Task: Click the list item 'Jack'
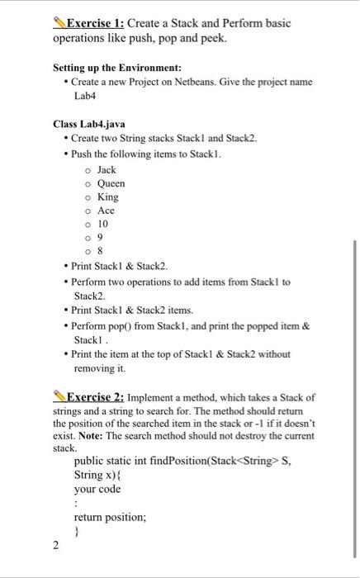click(107, 169)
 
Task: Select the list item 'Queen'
click(111, 183)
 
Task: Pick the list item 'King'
click(107, 197)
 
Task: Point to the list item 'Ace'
click(106, 211)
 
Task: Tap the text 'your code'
click(97, 490)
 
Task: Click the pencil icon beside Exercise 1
click(59, 23)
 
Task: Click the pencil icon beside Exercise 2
click(59, 396)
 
